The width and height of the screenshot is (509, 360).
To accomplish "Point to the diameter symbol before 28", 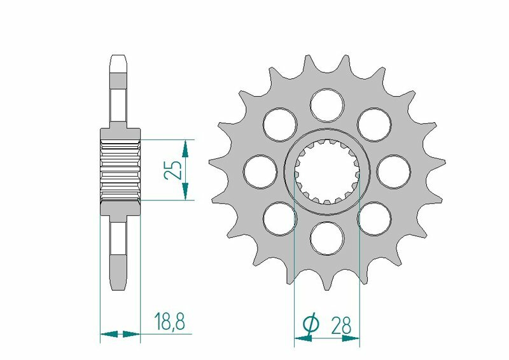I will tap(311, 325).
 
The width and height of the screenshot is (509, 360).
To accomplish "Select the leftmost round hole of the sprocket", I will tap(260, 170).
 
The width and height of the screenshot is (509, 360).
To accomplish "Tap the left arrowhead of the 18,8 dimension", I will tap(109, 333).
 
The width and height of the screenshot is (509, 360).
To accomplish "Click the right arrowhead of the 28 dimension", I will tap(352, 339).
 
